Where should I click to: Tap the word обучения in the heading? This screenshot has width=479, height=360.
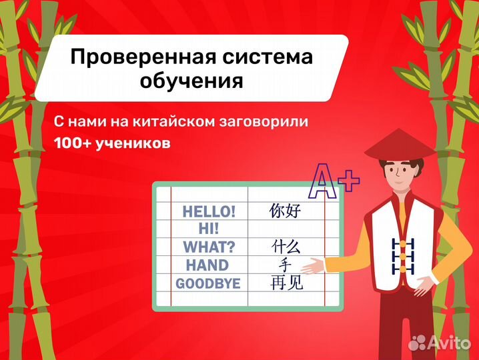191,82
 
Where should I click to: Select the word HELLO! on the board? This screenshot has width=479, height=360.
209,212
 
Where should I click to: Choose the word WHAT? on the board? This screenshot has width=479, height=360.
209,247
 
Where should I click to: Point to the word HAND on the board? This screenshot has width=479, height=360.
207,265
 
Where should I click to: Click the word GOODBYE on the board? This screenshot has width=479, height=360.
207,283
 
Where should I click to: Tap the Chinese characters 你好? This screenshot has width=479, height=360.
286,211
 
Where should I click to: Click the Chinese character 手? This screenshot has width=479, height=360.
286,265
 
